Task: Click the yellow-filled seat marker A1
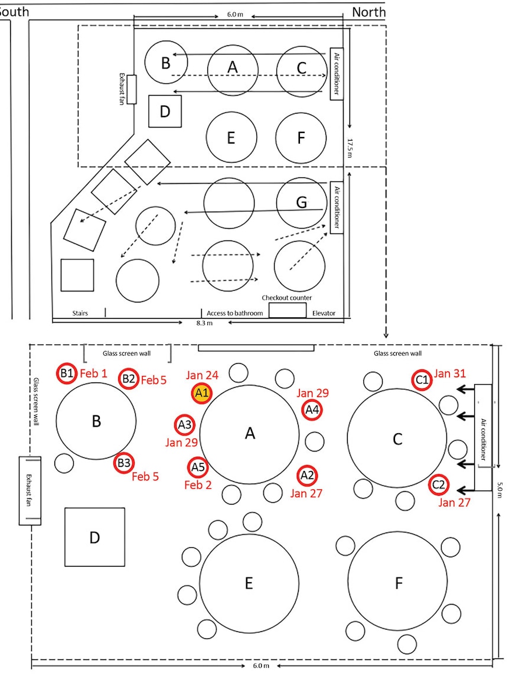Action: click(202, 393)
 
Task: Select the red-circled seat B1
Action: click(67, 373)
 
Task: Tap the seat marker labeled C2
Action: click(439, 485)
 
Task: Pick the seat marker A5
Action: click(198, 467)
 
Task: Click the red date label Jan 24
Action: click(202, 375)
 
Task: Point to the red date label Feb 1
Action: click(93, 373)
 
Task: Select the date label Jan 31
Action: click(450, 373)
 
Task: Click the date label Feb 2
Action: click(198, 485)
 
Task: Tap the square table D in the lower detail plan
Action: click(95, 537)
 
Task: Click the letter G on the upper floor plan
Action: click(302, 202)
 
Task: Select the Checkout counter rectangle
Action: click(288, 310)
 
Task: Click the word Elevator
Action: click(324, 313)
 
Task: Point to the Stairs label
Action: click(80, 313)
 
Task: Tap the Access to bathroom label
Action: click(234, 313)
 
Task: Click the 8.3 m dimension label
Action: click(204, 323)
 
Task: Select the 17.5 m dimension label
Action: click(350, 148)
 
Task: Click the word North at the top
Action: click(369, 12)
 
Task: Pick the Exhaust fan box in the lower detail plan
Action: click(30, 490)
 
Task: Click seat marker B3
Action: click(124, 463)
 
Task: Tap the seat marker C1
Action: click(422, 380)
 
